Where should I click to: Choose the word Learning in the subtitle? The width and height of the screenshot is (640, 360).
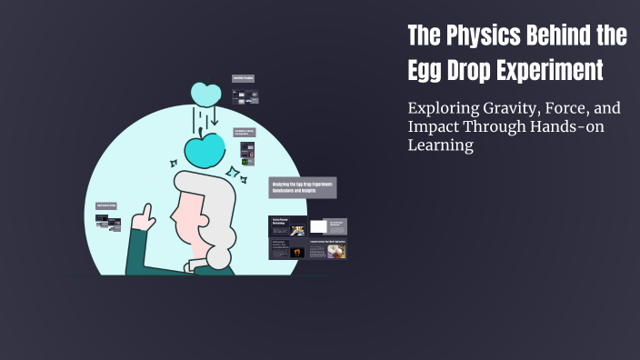pyautogui.click(x=441, y=145)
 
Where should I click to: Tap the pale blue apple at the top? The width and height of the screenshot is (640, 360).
pyautogui.click(x=206, y=94)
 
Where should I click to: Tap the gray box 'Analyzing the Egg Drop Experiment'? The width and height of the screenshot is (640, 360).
pyautogui.click(x=303, y=187)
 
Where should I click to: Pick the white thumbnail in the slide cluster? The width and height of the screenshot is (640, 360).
pyautogui.click(x=318, y=226)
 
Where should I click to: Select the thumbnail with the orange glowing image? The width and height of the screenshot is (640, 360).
pyautogui.click(x=297, y=252)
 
